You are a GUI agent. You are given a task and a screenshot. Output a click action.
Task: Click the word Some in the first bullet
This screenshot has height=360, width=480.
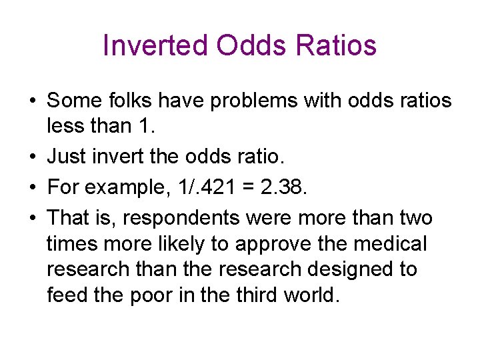(x=74, y=101)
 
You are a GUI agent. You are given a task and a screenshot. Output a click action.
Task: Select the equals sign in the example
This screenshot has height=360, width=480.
(x=247, y=189)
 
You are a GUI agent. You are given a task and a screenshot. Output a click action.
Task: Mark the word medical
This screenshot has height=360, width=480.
(x=389, y=244)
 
